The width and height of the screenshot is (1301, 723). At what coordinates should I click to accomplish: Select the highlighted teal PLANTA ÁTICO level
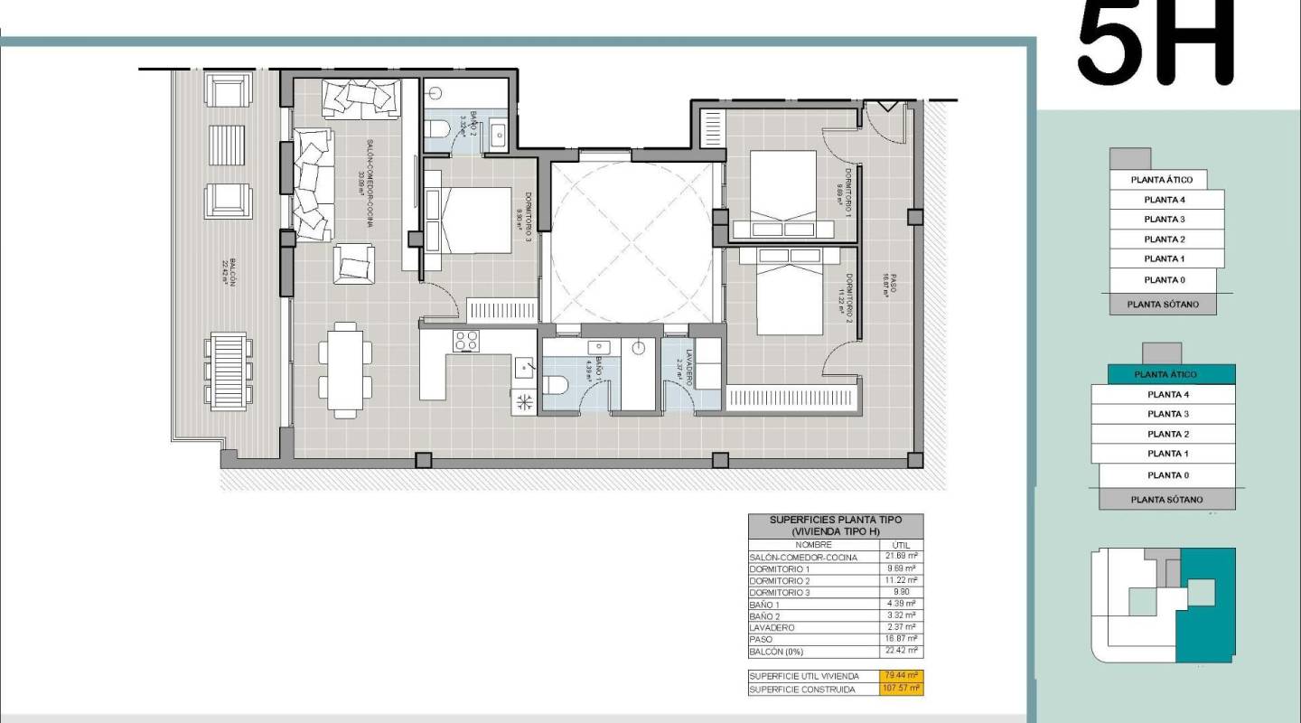click(x=1165, y=374)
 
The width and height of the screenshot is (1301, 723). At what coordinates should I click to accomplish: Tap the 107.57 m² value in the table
click(x=901, y=689)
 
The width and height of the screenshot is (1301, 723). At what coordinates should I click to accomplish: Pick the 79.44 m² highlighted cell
click(x=901, y=676)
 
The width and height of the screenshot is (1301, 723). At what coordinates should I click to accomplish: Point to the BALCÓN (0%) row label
click(x=776, y=651)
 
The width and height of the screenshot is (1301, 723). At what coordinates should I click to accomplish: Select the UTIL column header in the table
click(x=900, y=545)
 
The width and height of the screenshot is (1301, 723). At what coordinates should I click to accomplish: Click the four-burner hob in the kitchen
click(x=466, y=341)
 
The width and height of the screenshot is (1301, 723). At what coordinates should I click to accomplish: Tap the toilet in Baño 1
click(x=554, y=385)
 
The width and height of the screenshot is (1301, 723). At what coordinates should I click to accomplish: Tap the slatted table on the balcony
click(x=228, y=370)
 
